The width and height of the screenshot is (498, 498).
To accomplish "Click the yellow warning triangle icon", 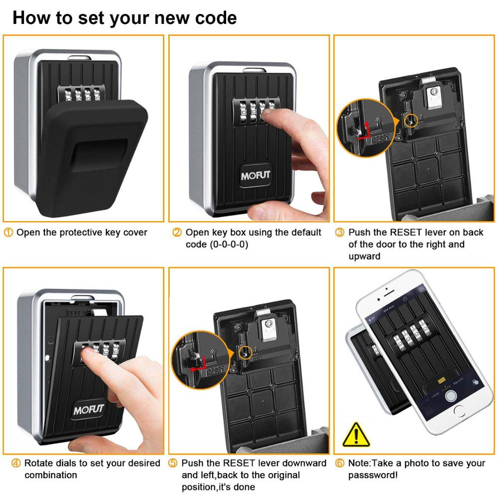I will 356,434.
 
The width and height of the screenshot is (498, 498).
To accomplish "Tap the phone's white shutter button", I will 451,396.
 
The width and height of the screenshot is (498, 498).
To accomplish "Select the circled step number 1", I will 9,233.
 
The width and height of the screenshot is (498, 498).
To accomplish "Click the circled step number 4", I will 16,464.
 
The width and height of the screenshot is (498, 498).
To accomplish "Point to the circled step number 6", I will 340,464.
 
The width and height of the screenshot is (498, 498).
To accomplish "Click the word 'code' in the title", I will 212,18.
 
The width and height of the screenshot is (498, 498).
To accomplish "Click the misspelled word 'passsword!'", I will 373,475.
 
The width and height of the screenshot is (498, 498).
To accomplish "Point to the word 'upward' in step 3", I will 364,256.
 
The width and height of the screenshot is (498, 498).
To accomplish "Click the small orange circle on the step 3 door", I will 411,120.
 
